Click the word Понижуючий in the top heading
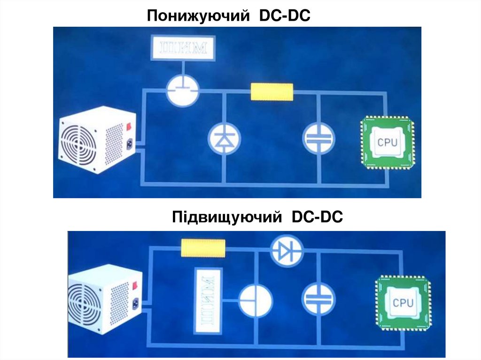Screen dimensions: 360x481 (x=198, y=16)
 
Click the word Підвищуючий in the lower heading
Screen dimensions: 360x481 (x=226, y=217)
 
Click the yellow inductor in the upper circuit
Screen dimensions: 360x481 (x=272, y=92)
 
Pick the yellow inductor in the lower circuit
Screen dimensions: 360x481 (x=203, y=248)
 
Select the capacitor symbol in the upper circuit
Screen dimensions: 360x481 (x=318, y=138)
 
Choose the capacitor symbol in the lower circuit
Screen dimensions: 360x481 (x=318, y=298)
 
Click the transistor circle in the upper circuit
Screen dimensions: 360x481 (x=183, y=91)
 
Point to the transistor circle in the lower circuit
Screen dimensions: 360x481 (x=256, y=299)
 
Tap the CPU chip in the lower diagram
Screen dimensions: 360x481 (x=403, y=302)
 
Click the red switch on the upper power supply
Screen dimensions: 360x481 (x=129, y=126)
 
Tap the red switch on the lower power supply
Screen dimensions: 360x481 (x=136, y=284)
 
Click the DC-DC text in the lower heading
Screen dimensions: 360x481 (x=318, y=217)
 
